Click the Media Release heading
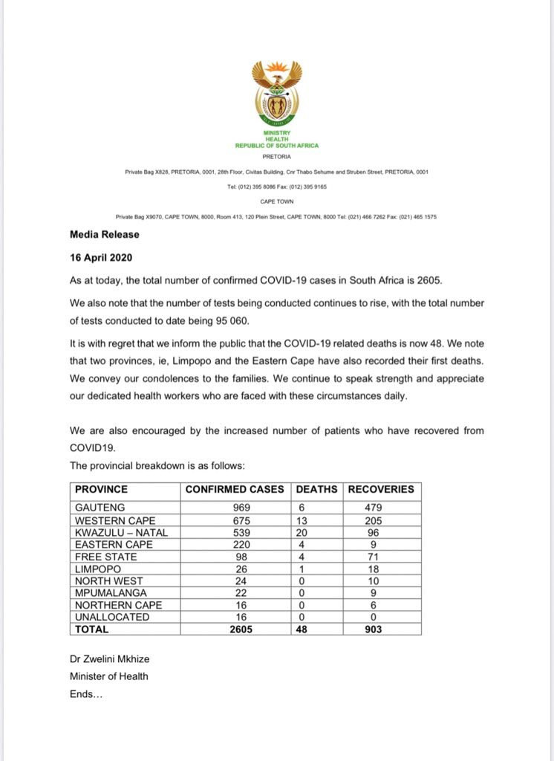[105, 234]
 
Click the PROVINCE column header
[101, 489]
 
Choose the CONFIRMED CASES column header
[235, 489]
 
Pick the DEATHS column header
[317, 489]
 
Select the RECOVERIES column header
[381, 489]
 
